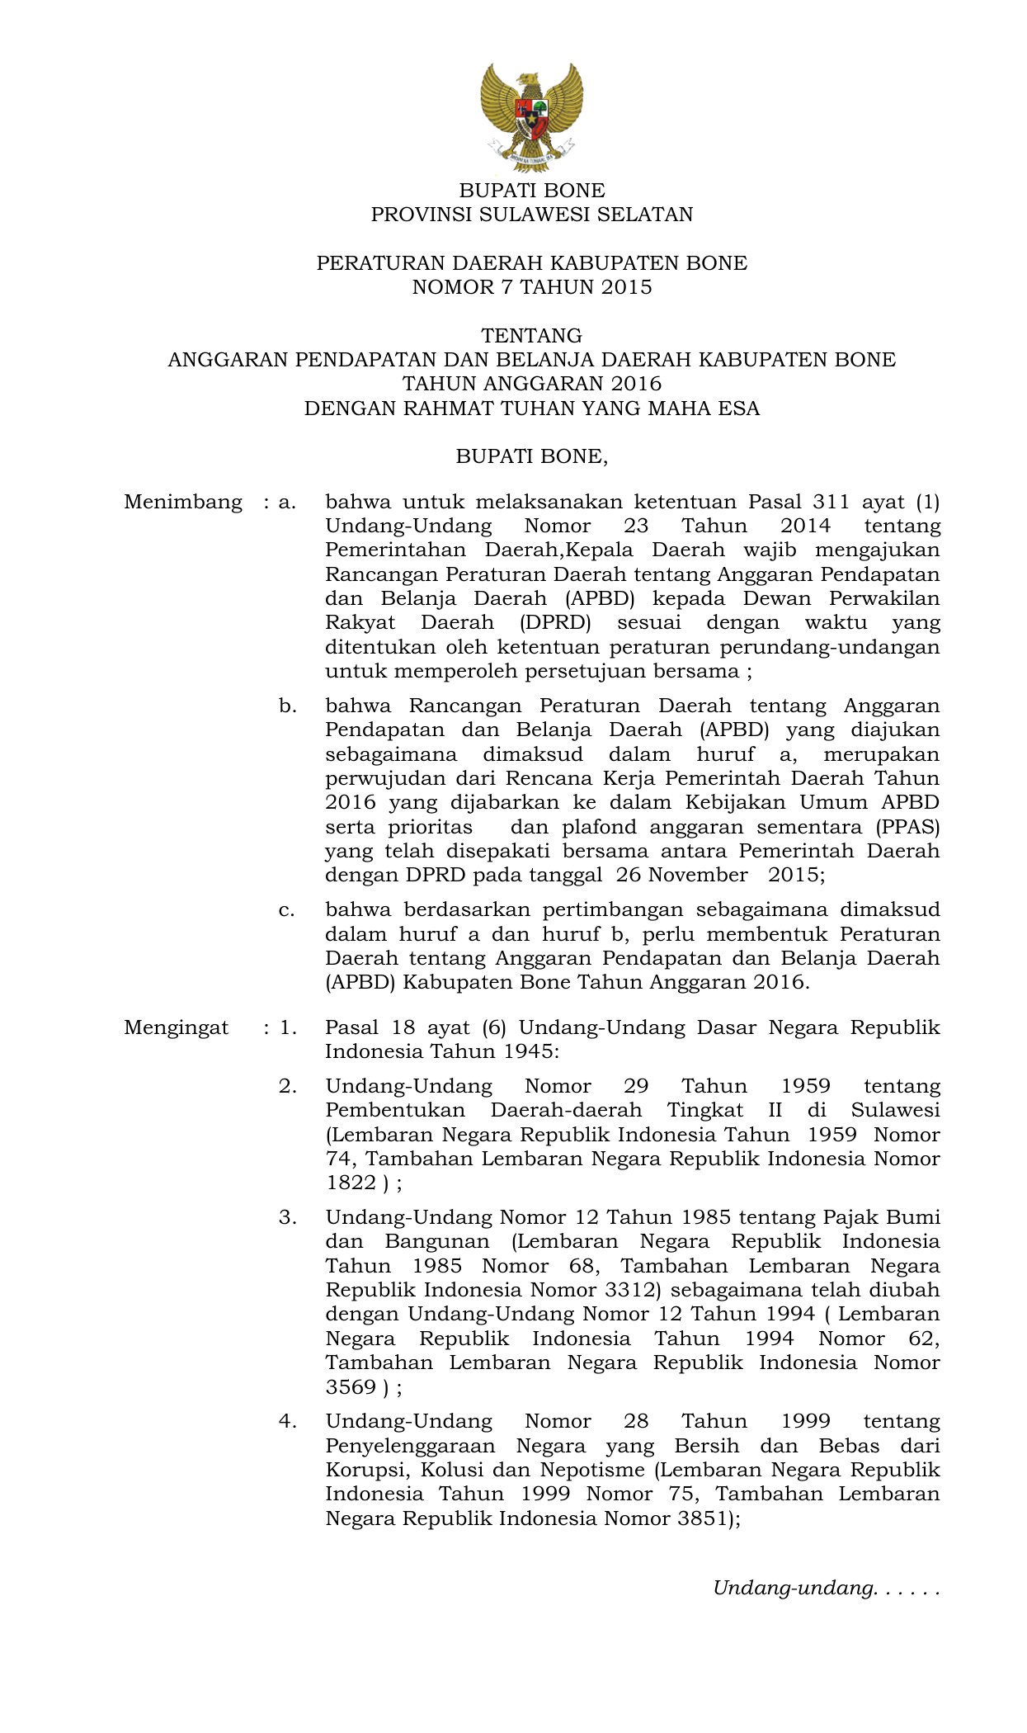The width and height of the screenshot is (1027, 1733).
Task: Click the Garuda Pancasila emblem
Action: point(531,116)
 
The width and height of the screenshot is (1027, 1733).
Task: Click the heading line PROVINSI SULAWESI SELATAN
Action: point(531,215)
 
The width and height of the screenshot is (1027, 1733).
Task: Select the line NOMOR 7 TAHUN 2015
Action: point(531,287)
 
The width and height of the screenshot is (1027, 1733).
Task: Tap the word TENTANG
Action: point(531,336)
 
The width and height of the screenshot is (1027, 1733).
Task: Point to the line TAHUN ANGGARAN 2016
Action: point(531,384)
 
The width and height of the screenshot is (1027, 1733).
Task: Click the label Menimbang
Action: point(182,502)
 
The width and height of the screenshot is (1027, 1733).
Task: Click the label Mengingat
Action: point(176,1027)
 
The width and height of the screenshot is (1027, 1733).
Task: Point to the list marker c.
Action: point(286,910)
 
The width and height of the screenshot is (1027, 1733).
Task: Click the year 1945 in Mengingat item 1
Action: point(528,1051)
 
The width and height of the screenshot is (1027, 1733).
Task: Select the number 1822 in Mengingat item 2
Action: point(351,1183)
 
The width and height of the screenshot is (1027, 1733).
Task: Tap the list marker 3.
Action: point(286,1217)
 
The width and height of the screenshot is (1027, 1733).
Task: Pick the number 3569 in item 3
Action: point(351,1387)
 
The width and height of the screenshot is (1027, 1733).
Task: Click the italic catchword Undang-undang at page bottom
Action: point(793,1589)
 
